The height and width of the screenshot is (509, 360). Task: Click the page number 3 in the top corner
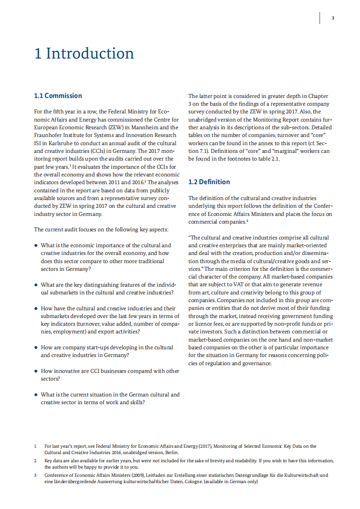(x=333, y=18)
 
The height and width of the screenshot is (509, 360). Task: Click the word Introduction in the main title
(x=90, y=54)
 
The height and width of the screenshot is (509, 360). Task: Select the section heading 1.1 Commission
(x=58, y=96)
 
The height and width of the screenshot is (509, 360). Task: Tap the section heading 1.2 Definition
(x=209, y=182)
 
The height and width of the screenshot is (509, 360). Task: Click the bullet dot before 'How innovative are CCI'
(x=36, y=371)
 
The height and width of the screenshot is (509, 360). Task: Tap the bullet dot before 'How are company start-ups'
(x=36, y=347)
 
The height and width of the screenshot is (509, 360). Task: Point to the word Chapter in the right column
(x=318, y=96)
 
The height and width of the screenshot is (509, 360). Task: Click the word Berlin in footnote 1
(x=172, y=452)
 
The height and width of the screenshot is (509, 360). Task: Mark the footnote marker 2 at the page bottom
(x=35, y=461)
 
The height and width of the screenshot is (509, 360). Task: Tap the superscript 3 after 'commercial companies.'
(x=248, y=220)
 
